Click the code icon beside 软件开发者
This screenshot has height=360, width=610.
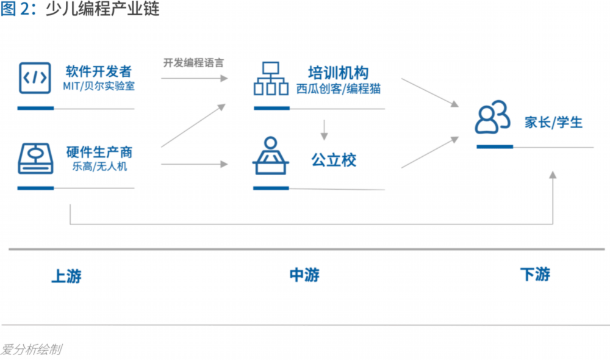point(34,77)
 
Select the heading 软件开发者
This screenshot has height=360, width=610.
point(98,71)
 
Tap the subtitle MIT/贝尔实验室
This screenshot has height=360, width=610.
point(98,86)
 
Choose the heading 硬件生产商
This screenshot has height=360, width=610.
point(99,151)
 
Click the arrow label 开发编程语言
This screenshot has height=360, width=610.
point(193,63)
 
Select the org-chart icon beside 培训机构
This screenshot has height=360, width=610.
point(270,79)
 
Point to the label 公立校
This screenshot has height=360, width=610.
point(333,160)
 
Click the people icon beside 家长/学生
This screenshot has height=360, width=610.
point(492,118)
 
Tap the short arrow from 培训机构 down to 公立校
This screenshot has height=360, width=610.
point(325,128)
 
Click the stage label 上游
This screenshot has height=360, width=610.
point(66,276)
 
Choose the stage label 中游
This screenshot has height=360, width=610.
point(304,275)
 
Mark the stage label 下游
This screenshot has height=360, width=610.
point(535,275)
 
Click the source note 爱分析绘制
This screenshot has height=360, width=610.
point(30,350)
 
